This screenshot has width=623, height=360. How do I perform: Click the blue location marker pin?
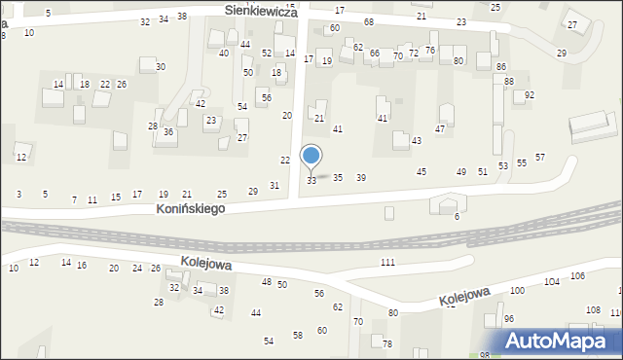click(311, 157)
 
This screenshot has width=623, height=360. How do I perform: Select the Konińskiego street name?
click(191, 209)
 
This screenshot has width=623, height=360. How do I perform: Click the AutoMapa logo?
click(561, 342)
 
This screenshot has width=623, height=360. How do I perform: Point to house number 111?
click(388, 263)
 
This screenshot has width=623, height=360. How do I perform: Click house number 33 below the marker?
click(311, 181)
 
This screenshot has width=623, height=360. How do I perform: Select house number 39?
click(361, 177)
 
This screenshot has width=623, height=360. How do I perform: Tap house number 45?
click(421, 172)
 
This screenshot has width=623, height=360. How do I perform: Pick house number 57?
click(540, 158)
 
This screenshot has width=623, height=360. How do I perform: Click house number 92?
click(530, 95)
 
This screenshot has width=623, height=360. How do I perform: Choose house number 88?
click(509, 82)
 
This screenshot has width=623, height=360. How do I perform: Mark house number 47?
click(440, 128)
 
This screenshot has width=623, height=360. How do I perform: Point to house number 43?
click(417, 141)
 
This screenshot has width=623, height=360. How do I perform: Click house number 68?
click(369, 21)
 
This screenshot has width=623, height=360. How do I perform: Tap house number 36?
click(168, 132)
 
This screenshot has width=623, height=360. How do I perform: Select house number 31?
click(275, 185)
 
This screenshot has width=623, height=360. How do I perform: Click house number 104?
click(552, 281)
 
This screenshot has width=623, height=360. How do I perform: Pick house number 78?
click(387, 344)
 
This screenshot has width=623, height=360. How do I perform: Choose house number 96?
click(509, 319)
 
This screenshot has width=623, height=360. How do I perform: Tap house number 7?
click(74, 199)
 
